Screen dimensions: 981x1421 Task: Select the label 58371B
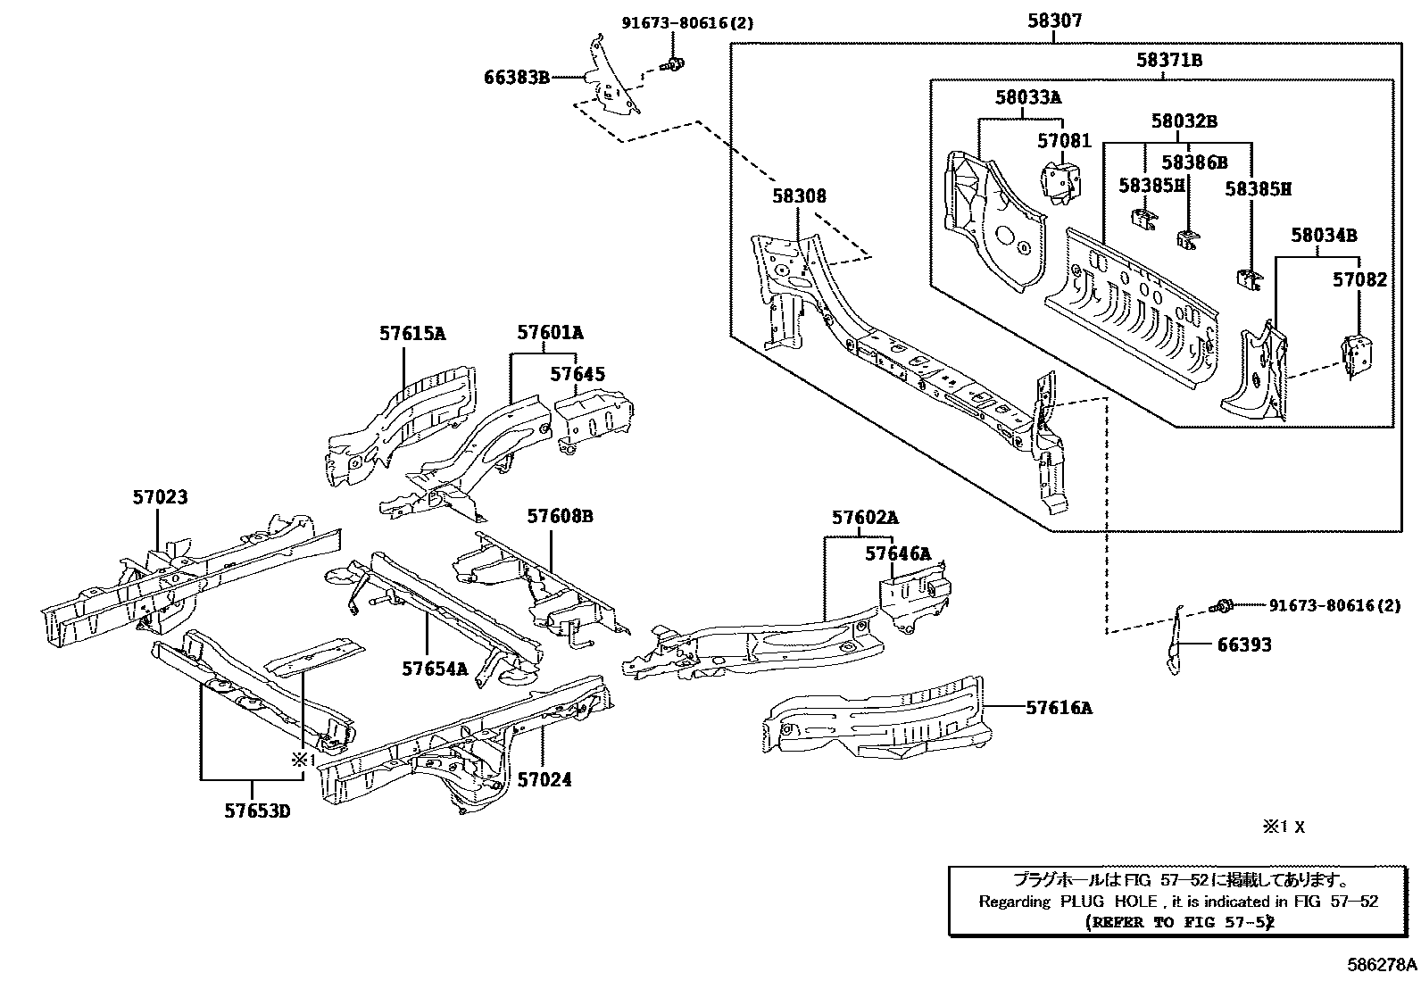tap(1168, 61)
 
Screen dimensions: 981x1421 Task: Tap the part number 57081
tap(1064, 141)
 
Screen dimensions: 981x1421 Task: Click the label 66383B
tap(517, 78)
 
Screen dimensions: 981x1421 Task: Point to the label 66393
tap(1244, 644)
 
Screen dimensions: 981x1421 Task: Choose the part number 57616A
tap(1059, 708)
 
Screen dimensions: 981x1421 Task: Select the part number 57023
tap(161, 497)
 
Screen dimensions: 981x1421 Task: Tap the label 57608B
tap(560, 516)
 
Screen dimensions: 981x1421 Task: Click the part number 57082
tap(1360, 280)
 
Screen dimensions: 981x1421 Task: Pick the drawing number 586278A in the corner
tap(1382, 965)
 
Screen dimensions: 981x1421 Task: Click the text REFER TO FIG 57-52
tap(1178, 922)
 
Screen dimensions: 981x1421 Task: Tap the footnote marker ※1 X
tap(1283, 827)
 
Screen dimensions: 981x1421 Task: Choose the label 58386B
tap(1193, 162)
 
